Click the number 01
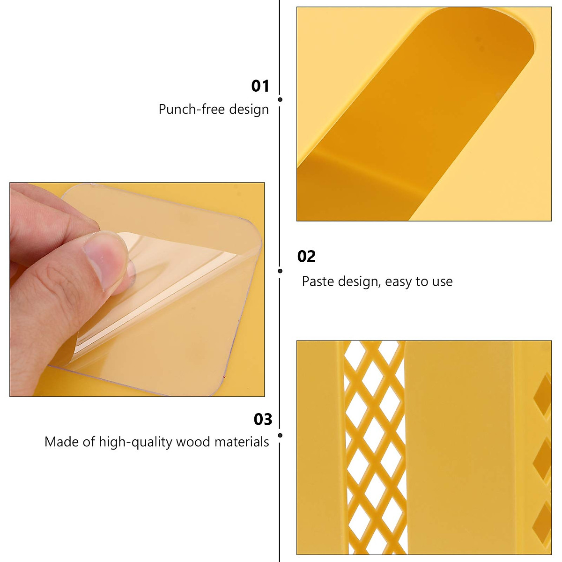point(260,86)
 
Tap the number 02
point(307,257)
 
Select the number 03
point(263,419)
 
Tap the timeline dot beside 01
point(280,99)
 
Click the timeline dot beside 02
point(280,271)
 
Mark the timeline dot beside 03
point(280,436)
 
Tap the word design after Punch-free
point(249,110)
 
